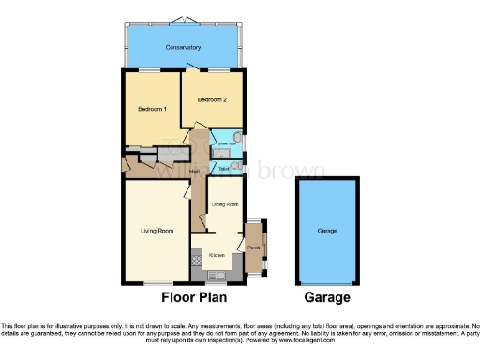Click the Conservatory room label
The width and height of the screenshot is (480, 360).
pos(183,47)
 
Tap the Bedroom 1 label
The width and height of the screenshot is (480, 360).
pos(152,110)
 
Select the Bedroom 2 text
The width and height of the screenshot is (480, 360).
pos(213,99)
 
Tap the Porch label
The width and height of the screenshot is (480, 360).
pos(253,247)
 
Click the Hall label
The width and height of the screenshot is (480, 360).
pos(195,172)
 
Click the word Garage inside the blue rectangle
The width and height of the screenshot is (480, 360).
pos(327,230)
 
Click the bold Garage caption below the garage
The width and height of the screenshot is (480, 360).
pos(327,298)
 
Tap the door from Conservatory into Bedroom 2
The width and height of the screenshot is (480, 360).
pos(194,72)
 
